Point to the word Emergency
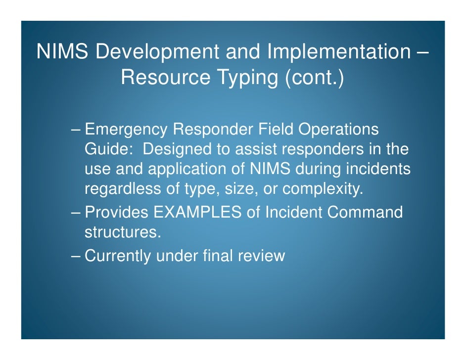coord(126,130)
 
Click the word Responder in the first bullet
coord(212,130)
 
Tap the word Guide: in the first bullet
coord(109,149)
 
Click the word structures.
coord(123,232)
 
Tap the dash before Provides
coord(76,213)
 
